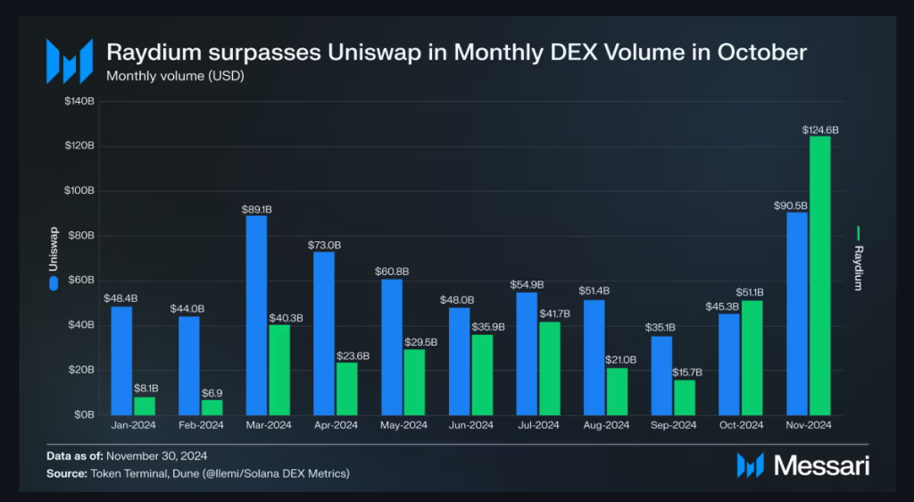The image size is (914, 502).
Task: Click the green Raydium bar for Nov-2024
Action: [819, 275]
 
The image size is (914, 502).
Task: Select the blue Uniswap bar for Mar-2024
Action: [256, 314]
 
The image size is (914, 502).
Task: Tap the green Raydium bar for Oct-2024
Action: [752, 357]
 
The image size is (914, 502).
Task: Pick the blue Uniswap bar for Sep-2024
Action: [661, 375]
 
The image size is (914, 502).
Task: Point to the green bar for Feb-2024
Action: [212, 407]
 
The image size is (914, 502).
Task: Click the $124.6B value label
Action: [820, 130]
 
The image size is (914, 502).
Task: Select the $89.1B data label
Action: [256, 209]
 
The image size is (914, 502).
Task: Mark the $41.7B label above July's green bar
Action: [550, 314]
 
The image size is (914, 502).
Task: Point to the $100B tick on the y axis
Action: [79, 191]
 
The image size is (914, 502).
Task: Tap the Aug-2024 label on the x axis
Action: [606, 426]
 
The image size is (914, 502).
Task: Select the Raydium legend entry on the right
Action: [859, 259]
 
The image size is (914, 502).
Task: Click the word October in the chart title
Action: [760, 53]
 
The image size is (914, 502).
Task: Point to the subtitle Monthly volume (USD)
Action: [175, 75]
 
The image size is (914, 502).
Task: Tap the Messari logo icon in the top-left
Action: [69, 61]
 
